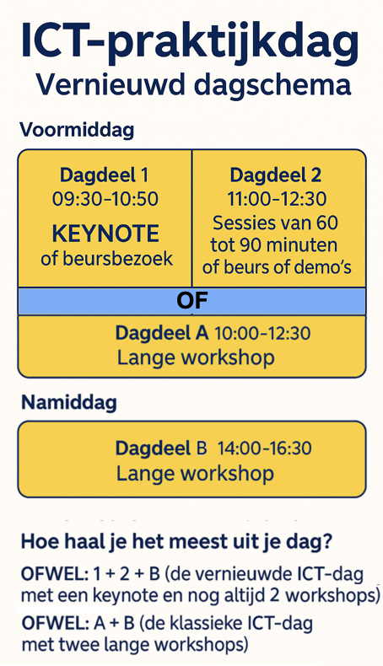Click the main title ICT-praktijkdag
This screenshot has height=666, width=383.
[x=190, y=41]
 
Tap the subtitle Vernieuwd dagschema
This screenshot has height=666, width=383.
[x=193, y=84]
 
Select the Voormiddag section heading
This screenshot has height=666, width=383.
[x=77, y=130]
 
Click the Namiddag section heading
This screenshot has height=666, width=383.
[x=69, y=402]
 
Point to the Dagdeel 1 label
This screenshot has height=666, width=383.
[x=104, y=175]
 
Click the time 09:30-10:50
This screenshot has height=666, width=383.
[x=105, y=199]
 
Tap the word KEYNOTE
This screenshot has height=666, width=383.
[x=105, y=234]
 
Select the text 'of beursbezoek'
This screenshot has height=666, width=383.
[x=106, y=259]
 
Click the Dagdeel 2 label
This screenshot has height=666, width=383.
[x=276, y=175]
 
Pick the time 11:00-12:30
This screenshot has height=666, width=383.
[x=277, y=199]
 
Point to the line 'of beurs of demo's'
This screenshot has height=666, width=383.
[x=277, y=267]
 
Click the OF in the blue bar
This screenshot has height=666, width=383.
[x=192, y=301]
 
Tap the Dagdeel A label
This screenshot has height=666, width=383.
[x=161, y=333]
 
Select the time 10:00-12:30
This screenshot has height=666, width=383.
[x=262, y=334]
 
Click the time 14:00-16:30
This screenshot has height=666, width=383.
[x=264, y=448]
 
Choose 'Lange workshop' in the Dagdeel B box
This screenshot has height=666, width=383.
[x=195, y=473]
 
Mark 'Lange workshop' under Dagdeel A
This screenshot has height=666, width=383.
[x=196, y=357]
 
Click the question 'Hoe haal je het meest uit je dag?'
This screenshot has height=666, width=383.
[x=176, y=542]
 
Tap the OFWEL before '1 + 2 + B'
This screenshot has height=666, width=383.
[x=54, y=575]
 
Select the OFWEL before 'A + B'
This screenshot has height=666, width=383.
[x=54, y=624]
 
